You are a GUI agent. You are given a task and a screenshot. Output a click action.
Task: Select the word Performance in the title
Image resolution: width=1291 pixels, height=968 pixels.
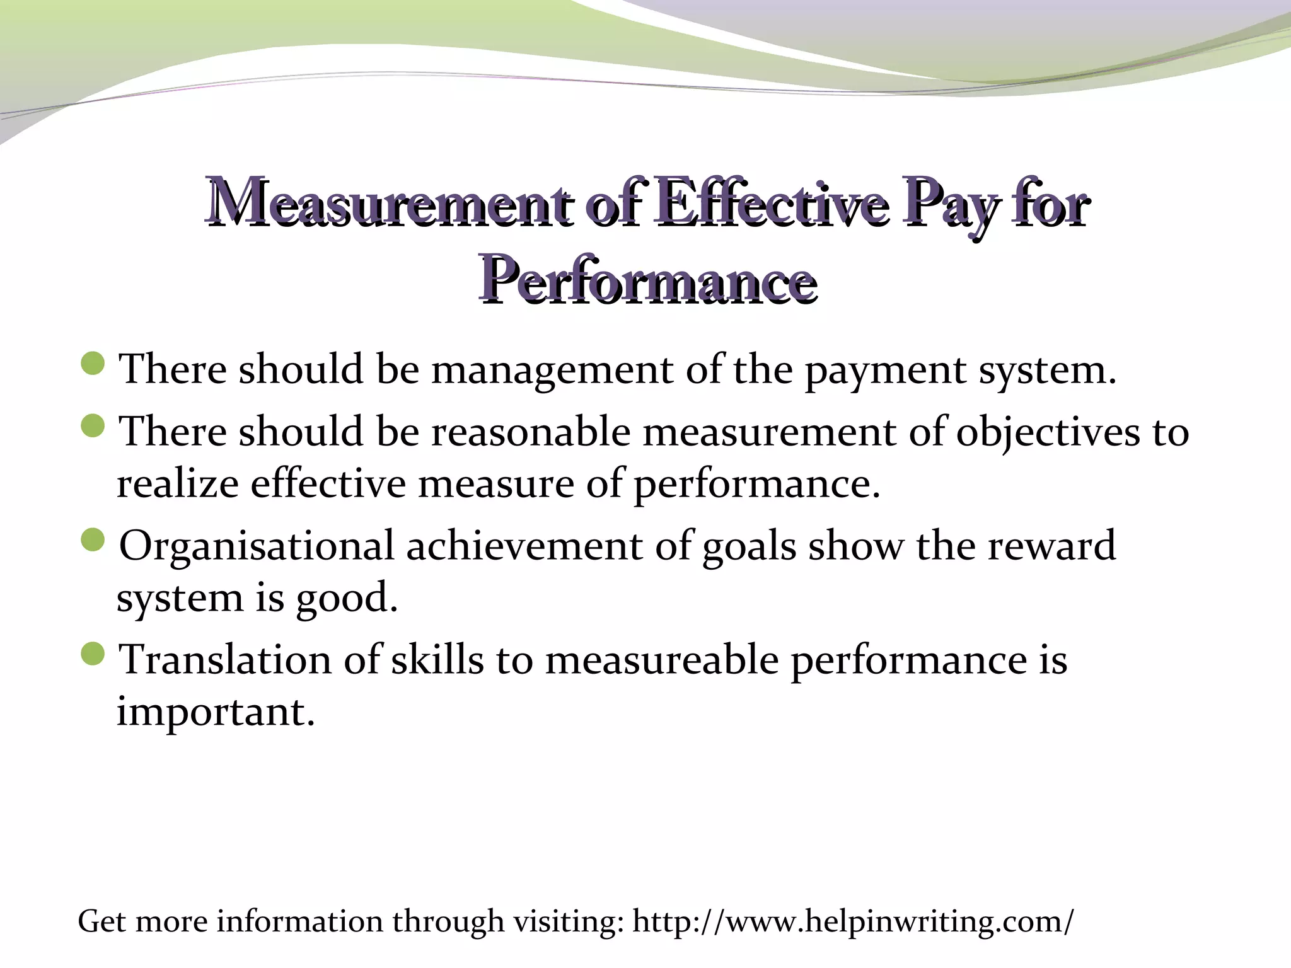(x=647, y=281)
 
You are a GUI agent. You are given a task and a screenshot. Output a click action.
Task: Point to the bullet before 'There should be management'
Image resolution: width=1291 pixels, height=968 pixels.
(x=93, y=364)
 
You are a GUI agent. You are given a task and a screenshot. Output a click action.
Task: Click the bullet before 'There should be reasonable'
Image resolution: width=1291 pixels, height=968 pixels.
(x=93, y=427)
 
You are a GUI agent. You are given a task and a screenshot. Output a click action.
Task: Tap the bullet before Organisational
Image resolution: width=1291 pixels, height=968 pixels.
(x=93, y=540)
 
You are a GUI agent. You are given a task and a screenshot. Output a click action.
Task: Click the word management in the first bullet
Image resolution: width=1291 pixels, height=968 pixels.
(x=552, y=370)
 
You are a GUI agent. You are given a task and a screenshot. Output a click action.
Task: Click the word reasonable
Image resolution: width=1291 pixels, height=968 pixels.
(x=531, y=433)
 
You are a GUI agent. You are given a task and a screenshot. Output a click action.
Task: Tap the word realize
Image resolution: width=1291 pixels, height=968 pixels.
(x=177, y=485)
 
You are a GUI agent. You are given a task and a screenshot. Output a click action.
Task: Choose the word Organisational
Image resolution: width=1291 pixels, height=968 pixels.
(x=257, y=546)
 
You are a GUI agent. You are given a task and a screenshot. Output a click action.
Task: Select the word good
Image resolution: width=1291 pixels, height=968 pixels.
(x=347, y=598)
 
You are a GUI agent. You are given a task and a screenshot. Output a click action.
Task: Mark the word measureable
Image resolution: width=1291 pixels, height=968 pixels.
(x=662, y=660)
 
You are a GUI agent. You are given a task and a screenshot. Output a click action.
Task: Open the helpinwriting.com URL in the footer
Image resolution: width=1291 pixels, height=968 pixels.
(x=852, y=922)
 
